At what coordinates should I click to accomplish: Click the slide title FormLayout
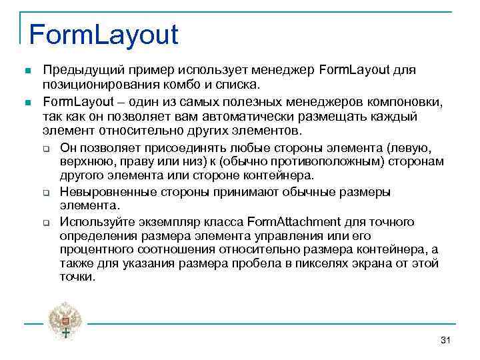point(103,34)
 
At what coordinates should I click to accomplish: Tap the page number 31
point(446,341)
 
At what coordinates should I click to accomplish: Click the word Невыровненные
point(107,191)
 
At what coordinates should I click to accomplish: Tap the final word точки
point(77,277)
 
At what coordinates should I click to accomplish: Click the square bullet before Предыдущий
point(26,70)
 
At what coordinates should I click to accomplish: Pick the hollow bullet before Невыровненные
point(47,192)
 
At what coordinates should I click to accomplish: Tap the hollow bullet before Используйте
point(47,222)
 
